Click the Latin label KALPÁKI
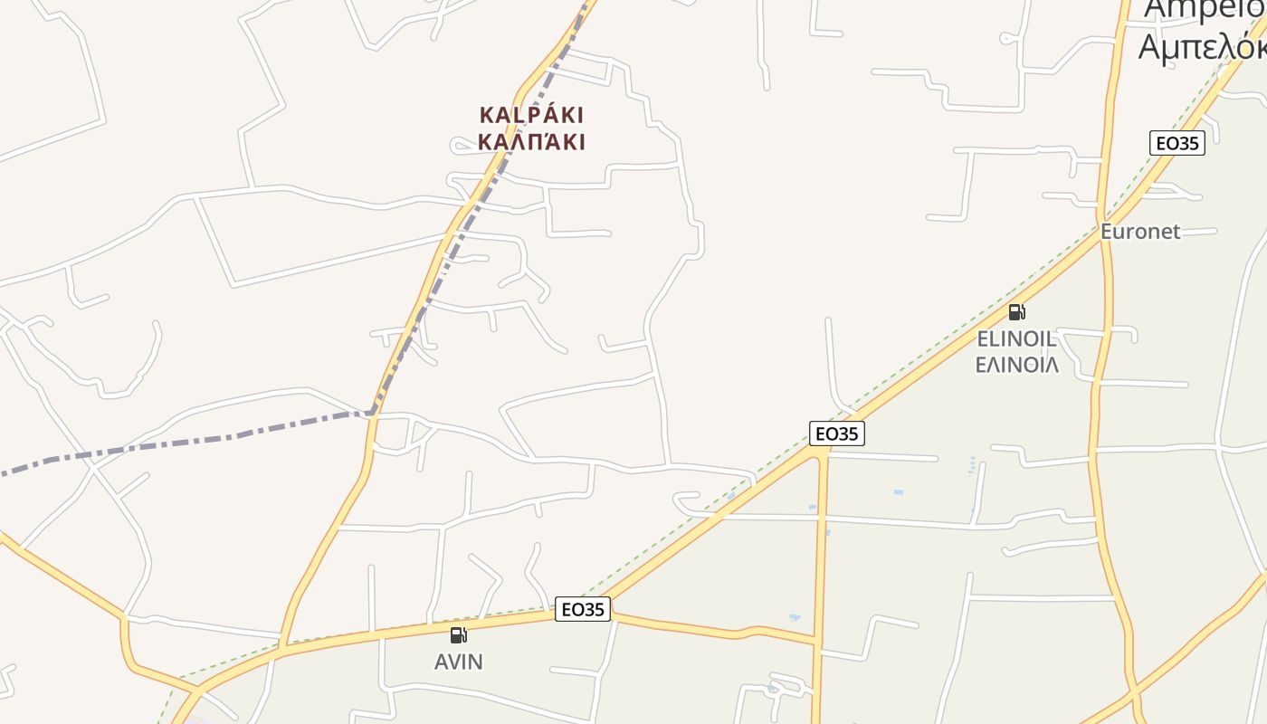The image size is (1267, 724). (531, 115)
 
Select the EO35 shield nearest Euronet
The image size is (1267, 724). (1176, 143)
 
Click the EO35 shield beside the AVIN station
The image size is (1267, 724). (582, 609)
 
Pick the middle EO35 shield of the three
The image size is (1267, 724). (836, 433)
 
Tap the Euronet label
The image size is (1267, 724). (1140, 232)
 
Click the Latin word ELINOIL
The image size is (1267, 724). (1016, 339)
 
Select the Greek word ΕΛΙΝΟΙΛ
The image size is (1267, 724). (1016, 365)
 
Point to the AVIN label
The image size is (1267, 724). (459, 662)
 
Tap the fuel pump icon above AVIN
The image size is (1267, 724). (459, 635)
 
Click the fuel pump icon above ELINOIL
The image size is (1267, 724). (1017, 313)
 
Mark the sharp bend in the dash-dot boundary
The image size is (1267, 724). (373, 414)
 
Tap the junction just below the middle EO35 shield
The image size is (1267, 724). (823, 455)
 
